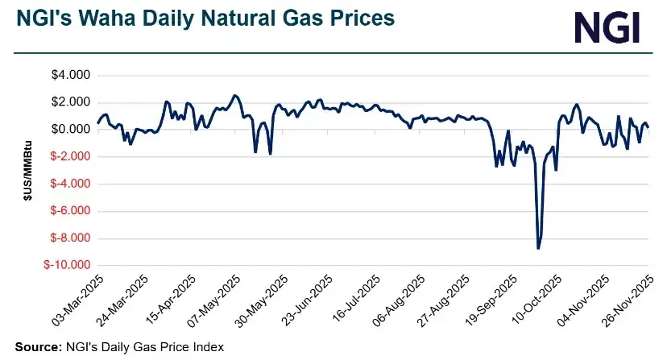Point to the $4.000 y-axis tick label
click(x=71, y=76)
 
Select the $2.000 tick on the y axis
click(x=71, y=102)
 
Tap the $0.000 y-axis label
click(x=71, y=130)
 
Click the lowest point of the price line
click(x=538, y=248)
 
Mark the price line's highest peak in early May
click(x=234, y=95)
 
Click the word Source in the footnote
click(x=36, y=346)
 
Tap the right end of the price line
click(x=649, y=127)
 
